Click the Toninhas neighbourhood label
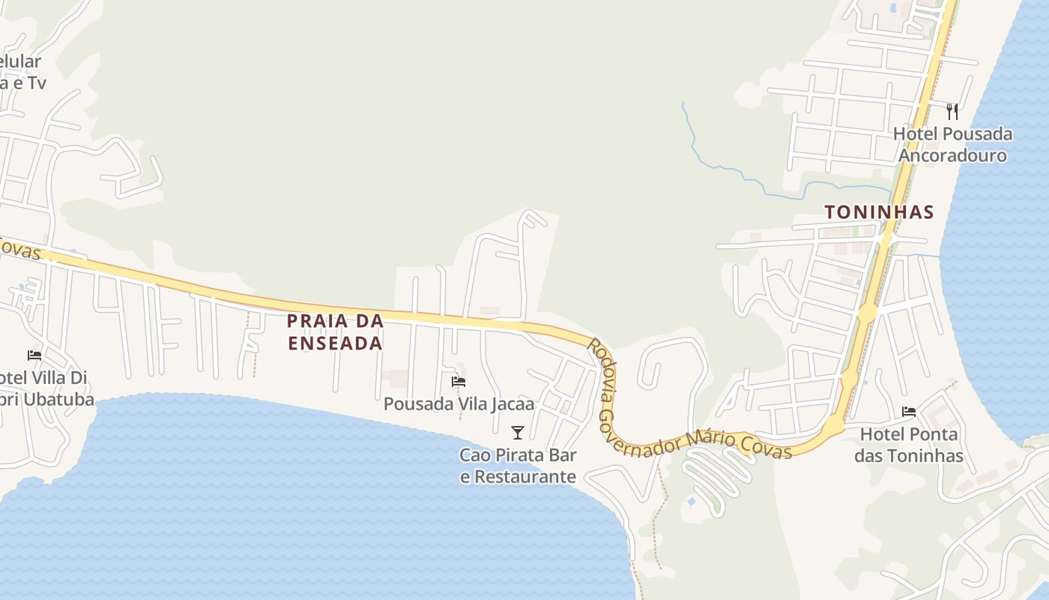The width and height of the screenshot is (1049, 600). point(879,212)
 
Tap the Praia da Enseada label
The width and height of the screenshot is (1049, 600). point(336,331)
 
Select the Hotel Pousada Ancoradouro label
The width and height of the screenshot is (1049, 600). point(952,145)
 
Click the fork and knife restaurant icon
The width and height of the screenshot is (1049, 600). point(952,112)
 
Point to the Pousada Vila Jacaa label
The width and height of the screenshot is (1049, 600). point(459,403)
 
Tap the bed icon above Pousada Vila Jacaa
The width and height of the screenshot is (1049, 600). point(459,381)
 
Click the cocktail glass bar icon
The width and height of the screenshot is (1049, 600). point(517,432)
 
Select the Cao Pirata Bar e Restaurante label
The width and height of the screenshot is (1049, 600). point(518,465)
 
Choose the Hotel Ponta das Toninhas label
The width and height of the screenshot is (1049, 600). point(909,444)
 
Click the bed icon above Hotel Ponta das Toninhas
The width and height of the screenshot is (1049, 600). point(909,411)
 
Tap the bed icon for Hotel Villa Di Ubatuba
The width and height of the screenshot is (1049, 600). point(34,355)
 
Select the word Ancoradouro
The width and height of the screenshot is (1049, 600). point(952,155)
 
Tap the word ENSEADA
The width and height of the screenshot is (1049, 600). point(336,343)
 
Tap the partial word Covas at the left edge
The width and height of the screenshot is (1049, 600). point(19,250)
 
